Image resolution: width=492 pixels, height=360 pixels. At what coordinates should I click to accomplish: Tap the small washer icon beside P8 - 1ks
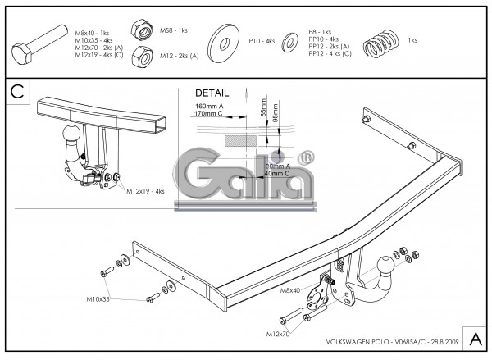[289, 40]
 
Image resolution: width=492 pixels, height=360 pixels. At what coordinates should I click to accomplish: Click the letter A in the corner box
[476, 338]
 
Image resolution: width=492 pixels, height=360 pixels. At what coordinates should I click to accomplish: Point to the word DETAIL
[212, 93]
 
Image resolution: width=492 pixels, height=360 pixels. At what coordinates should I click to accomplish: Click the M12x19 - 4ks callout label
[145, 190]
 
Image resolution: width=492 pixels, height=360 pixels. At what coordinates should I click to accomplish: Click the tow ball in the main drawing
[384, 267]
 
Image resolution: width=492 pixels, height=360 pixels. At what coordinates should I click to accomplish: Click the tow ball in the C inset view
[71, 132]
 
